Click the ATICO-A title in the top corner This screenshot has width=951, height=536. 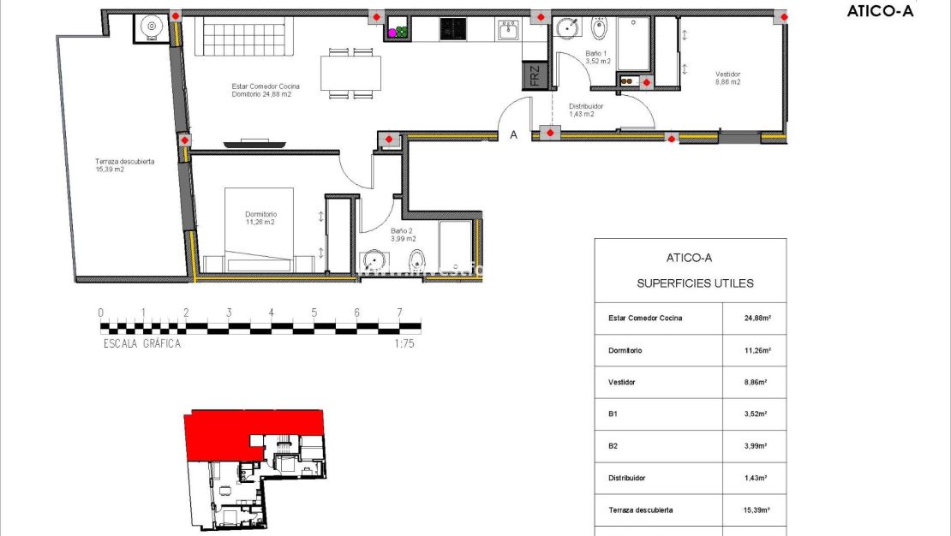point(880,11)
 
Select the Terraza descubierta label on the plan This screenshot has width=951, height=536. point(124,165)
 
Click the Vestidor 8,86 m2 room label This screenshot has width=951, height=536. point(728,78)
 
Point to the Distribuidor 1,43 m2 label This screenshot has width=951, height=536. point(586,110)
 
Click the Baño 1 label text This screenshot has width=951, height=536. point(597,57)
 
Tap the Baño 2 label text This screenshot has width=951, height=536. point(403,235)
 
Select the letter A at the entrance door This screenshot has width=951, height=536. point(514,134)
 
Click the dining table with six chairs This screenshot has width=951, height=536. point(351,73)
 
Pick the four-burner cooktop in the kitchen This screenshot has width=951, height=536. point(452,29)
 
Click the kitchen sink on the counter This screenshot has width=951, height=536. point(506,30)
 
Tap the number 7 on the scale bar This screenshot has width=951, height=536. point(399,313)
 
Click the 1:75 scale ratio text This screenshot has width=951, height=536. point(404,343)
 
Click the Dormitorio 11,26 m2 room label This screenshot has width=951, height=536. point(260,218)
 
